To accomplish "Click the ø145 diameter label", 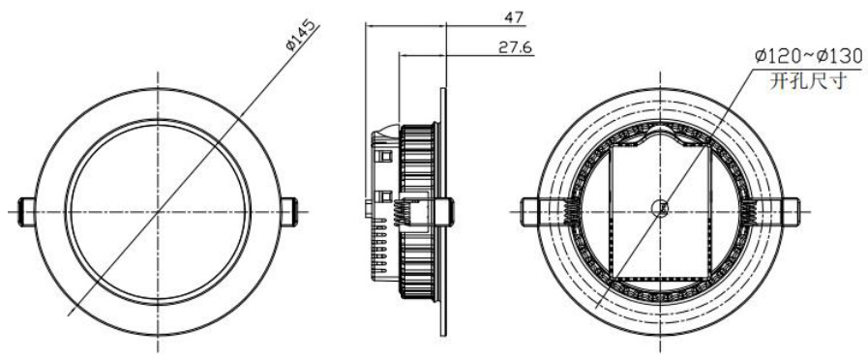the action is click(x=303, y=36).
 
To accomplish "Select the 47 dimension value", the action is click(x=513, y=17).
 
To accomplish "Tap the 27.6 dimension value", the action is click(x=515, y=47).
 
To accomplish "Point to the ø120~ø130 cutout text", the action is click(x=808, y=56).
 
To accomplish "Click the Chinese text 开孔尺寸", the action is click(x=808, y=81).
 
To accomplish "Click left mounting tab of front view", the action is click(x=26, y=212).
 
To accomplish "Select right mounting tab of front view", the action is click(x=289, y=212).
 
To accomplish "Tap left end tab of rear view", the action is click(x=529, y=212).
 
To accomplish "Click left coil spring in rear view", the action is click(x=571, y=212).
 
